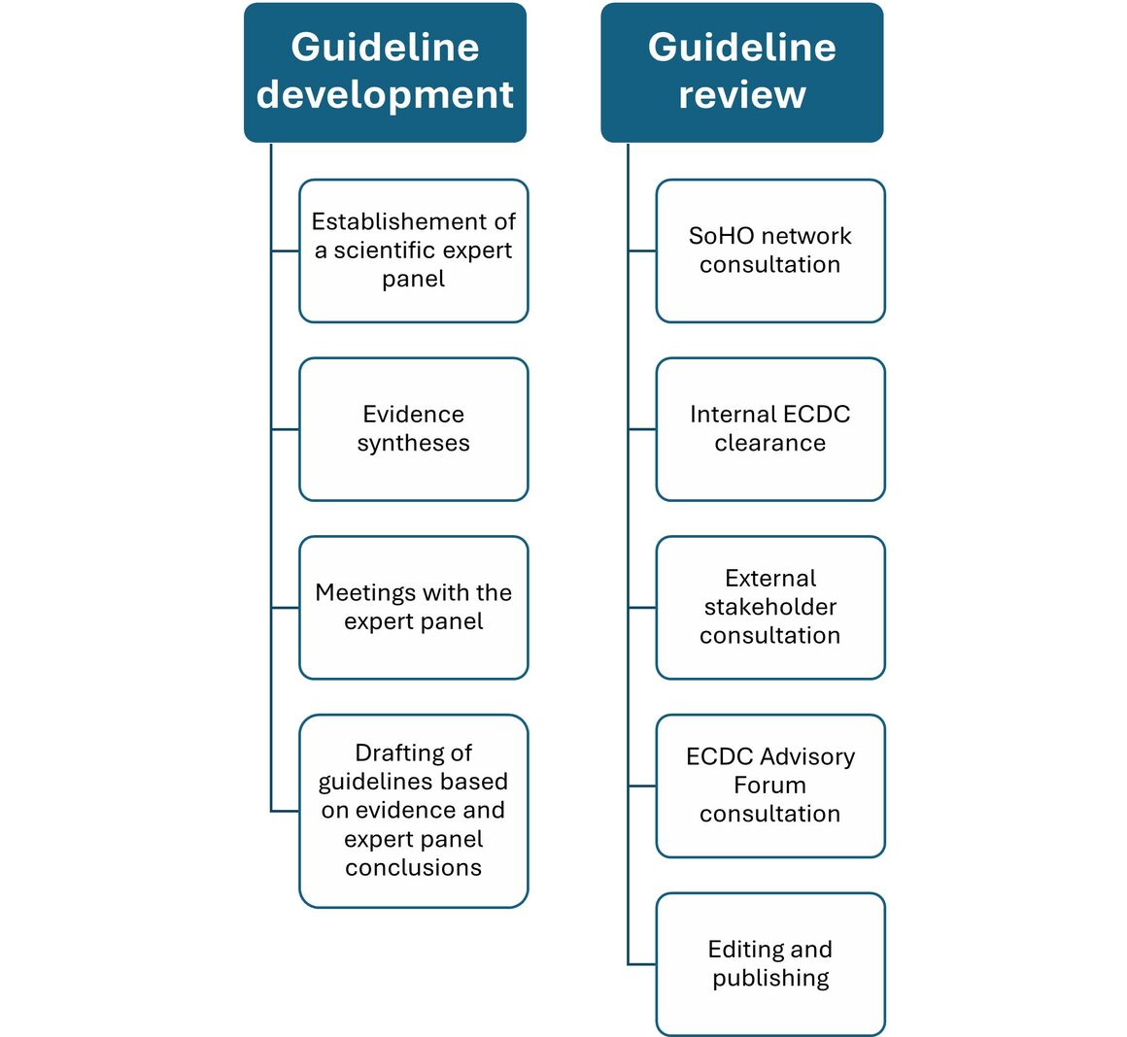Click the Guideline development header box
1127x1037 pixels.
tap(385, 72)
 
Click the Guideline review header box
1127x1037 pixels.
tap(741, 72)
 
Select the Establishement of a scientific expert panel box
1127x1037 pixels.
tap(413, 251)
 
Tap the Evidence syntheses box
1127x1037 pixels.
tap(413, 429)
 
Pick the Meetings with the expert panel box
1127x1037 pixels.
tap(413, 608)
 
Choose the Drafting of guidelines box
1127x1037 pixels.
tap(413, 811)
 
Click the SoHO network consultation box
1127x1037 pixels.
tap(769, 251)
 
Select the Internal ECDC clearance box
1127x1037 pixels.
tap(769, 429)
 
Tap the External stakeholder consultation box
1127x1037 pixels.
tap(769, 608)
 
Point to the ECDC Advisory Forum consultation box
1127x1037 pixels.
tap(769, 786)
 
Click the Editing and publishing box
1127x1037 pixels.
tap(769, 964)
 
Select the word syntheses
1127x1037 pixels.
tap(413, 444)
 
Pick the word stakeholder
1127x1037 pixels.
tap(769, 608)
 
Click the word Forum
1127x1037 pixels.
tap(769, 786)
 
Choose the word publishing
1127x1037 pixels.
tap(770, 979)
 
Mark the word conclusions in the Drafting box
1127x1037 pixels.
tap(413, 868)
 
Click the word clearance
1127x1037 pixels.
tap(769, 444)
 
